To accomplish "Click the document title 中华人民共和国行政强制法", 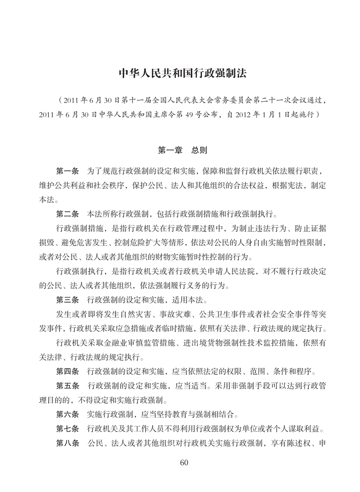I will click(x=180, y=73).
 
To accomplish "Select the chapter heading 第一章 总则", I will click(x=180, y=150).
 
